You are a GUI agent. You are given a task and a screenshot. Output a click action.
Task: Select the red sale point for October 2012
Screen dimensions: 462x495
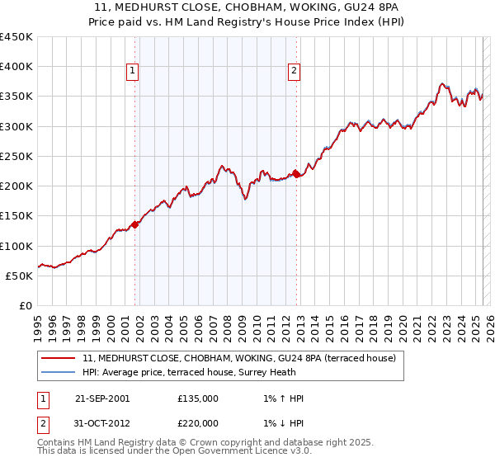tap(297, 174)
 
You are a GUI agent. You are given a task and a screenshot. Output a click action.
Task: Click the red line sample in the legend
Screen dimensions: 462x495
tap(58, 358)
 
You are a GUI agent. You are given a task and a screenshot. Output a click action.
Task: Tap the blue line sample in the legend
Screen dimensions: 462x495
tap(58, 372)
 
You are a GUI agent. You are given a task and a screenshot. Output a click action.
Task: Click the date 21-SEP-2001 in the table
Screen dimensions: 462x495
tap(102, 398)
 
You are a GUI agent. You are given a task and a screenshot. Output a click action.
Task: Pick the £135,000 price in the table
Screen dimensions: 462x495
tap(198, 398)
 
